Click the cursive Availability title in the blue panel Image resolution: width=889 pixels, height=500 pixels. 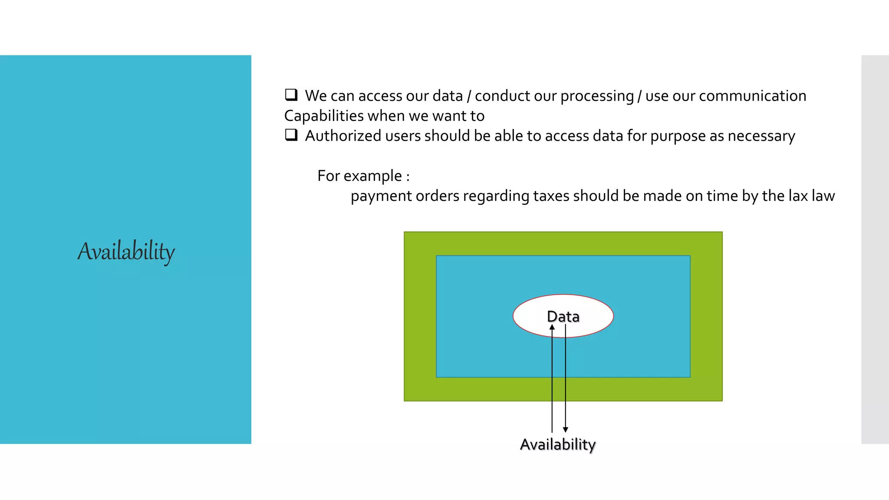126,251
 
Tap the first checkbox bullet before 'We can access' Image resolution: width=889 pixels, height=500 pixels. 291,95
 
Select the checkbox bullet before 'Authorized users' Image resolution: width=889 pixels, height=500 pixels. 291,135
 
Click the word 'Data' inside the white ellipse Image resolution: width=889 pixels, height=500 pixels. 563,317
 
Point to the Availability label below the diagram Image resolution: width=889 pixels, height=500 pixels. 557,444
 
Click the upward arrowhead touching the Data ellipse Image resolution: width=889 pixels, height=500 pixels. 552,327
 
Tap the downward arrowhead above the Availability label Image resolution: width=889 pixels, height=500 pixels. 565,429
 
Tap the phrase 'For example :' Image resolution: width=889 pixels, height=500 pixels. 363,176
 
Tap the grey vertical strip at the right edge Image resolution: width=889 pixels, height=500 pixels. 875,249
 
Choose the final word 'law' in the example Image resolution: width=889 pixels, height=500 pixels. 823,196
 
